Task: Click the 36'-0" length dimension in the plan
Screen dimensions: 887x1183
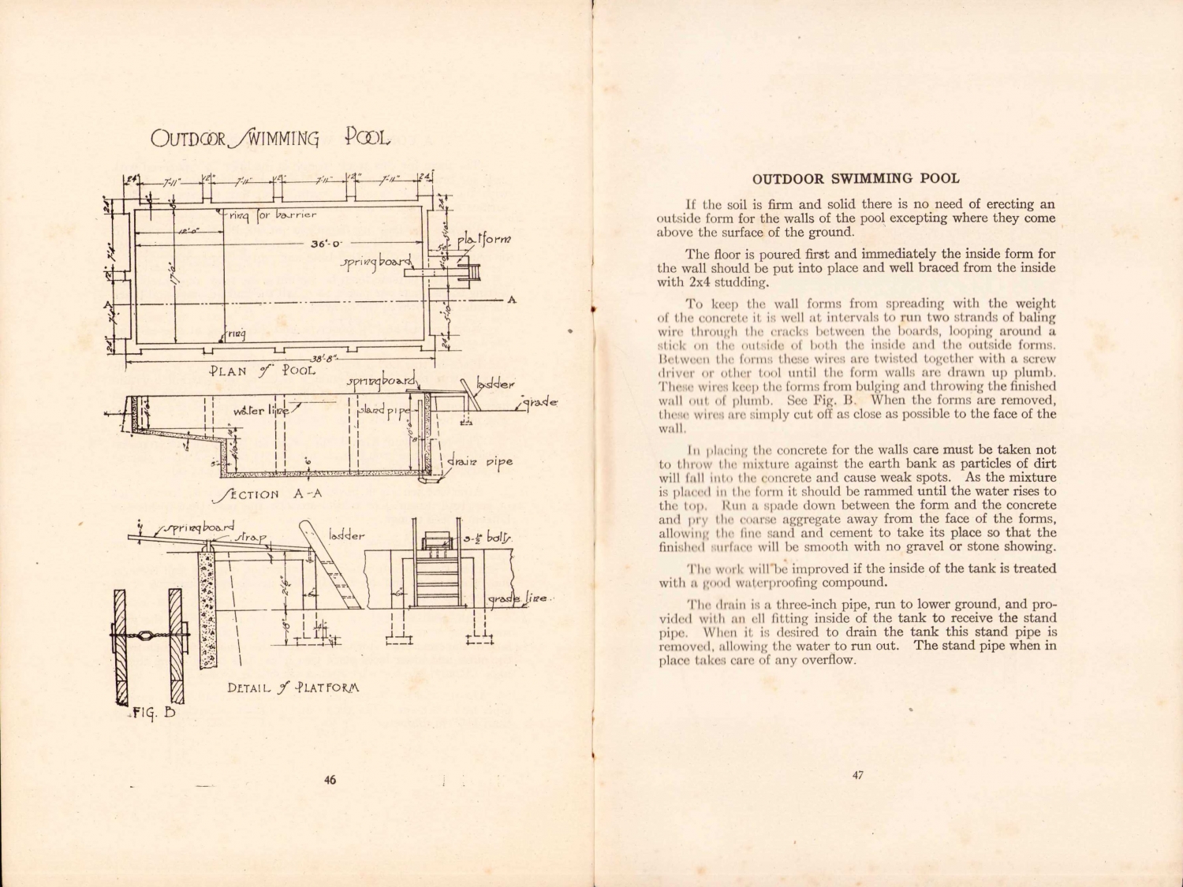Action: click(325, 244)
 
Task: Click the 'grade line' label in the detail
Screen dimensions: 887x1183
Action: click(517, 600)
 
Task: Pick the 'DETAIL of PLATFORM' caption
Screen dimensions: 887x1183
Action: click(293, 687)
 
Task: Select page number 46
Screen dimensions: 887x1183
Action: click(330, 780)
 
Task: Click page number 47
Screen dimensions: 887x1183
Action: click(858, 775)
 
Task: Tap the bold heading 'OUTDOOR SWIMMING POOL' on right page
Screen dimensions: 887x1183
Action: click(856, 179)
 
